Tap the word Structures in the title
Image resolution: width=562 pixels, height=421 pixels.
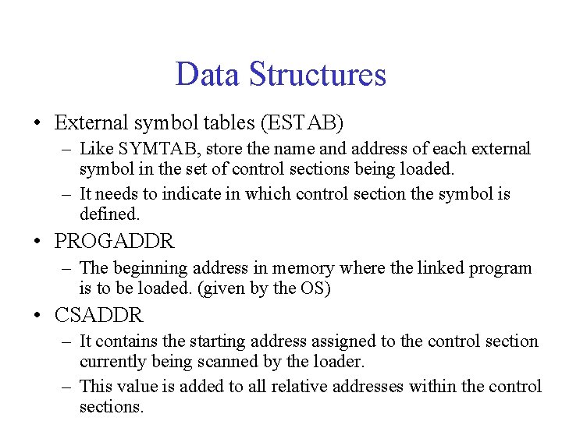[x=317, y=74]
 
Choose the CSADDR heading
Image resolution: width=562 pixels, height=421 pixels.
[x=99, y=315]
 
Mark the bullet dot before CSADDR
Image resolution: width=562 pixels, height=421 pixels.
[x=37, y=316]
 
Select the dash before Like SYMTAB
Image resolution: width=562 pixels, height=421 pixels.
[x=68, y=149]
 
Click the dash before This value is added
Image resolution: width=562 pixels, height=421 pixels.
[x=68, y=387]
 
